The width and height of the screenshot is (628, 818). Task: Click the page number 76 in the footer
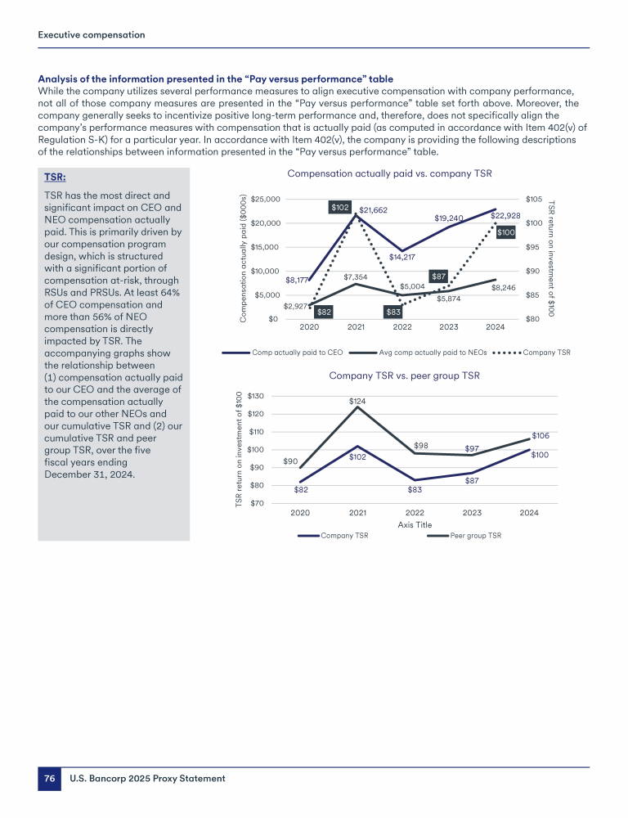pyautogui.click(x=49, y=779)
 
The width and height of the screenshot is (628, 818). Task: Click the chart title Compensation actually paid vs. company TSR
pyautogui.click(x=389, y=173)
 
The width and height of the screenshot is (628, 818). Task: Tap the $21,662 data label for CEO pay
pyautogui.click(x=373, y=210)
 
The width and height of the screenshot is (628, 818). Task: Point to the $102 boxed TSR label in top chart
pyautogui.click(x=340, y=208)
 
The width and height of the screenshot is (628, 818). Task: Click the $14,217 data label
pyautogui.click(x=402, y=257)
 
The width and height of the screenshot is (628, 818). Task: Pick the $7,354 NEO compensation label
pyautogui.click(x=356, y=277)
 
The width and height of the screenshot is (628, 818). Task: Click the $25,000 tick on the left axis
pyautogui.click(x=266, y=199)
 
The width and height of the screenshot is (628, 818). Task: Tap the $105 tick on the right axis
pyautogui.click(x=536, y=199)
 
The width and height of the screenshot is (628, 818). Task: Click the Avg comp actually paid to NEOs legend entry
pyautogui.click(x=427, y=353)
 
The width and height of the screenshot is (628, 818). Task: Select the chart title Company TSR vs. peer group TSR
pyautogui.click(x=404, y=375)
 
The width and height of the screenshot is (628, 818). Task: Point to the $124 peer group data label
pyautogui.click(x=357, y=401)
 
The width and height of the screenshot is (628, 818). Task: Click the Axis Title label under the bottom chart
pyautogui.click(x=414, y=524)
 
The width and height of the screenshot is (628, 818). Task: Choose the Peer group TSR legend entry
pyautogui.click(x=475, y=536)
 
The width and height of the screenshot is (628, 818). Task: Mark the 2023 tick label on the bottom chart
pyautogui.click(x=472, y=513)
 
